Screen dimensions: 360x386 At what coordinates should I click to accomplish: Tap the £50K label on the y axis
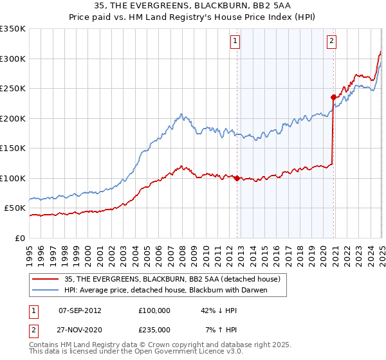pyautogui.click(x=15, y=208)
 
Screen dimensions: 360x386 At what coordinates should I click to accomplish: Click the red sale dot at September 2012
pyautogui.click(x=237, y=178)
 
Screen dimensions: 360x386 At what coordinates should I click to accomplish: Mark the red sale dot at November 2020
pyautogui.click(x=333, y=98)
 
